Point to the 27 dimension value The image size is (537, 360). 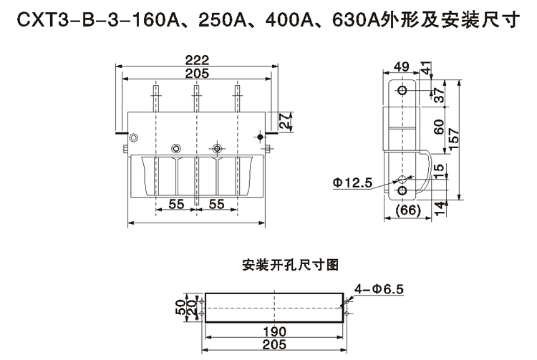[x=285, y=121]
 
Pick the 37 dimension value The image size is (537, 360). [x=440, y=92]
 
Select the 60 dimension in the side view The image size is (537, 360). [x=440, y=128]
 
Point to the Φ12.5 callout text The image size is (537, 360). [x=352, y=183]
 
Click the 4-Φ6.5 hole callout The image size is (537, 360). [x=379, y=289]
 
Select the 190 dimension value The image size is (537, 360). [x=274, y=332]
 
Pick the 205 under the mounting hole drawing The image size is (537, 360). [x=274, y=344]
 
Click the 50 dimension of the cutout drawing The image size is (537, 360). [x=181, y=308]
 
